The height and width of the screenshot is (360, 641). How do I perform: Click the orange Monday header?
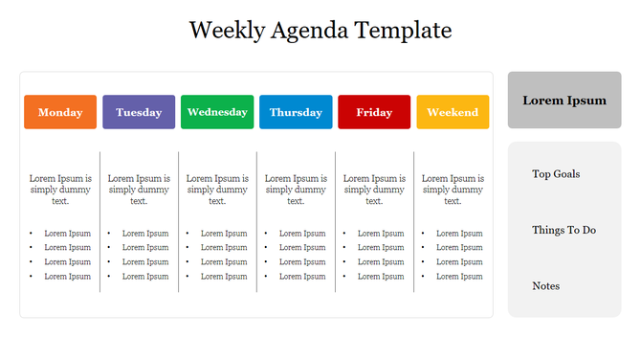60,112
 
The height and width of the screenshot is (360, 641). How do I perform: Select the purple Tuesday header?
139,112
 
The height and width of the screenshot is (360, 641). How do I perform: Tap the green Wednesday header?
217,112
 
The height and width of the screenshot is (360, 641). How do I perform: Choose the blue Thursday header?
296,112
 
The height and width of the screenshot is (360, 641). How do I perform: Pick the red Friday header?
374,112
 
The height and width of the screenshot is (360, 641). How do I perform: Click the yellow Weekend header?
453,112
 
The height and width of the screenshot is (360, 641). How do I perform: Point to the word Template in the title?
403,31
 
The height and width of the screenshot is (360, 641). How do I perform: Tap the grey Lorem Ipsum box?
564,101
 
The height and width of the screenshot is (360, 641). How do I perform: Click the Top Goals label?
556,174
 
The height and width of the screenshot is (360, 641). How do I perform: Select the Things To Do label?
564,230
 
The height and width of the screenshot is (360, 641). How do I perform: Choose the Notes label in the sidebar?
546,286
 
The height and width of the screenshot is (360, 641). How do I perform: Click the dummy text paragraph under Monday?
60,190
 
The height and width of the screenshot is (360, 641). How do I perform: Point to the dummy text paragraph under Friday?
374,190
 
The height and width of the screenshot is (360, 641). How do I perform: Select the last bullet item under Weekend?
459,277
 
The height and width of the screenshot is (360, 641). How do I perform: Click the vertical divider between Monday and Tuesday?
99,221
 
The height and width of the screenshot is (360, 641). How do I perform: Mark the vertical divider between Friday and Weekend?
414,221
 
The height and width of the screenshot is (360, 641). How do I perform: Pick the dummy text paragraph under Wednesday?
217,190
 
